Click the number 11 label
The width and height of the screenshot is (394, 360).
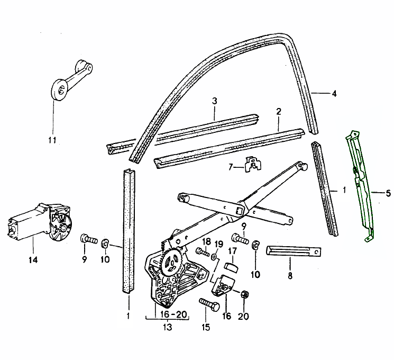pyautogui.click(x=51, y=140)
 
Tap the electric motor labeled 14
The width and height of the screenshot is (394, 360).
pyautogui.click(x=37, y=222)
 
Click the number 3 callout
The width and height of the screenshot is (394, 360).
pyautogui.click(x=215, y=101)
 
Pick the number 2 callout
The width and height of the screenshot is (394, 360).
pyautogui.click(x=278, y=112)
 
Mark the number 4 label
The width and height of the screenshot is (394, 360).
pyautogui.click(x=334, y=95)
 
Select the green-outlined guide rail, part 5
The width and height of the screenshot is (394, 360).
pyautogui.click(x=361, y=185)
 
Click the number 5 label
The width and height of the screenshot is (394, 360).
pyautogui.click(x=388, y=192)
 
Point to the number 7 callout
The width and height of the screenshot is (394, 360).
pyautogui.click(x=231, y=167)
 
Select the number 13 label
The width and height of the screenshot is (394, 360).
pyautogui.click(x=168, y=328)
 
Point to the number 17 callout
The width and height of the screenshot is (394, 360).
pyautogui.click(x=232, y=250)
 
